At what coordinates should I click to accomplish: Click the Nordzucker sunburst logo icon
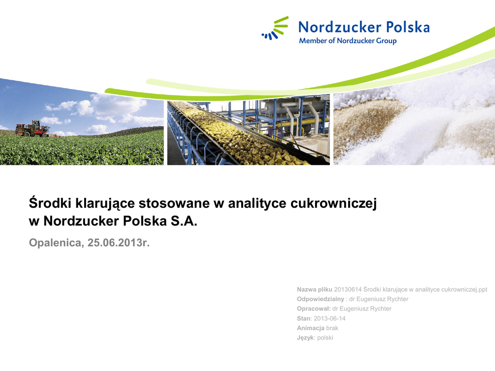pos(275,29)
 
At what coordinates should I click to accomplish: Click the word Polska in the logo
pos(408,27)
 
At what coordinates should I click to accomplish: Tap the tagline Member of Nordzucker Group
pos(348,41)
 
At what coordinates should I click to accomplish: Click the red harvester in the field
pos(33,128)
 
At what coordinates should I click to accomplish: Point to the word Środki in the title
pos(50,203)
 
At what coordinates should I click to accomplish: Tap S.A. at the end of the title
pos(184,221)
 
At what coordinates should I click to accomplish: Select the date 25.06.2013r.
pos(118,243)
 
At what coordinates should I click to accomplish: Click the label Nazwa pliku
pos(314,289)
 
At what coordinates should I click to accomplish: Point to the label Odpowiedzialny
pos(320,299)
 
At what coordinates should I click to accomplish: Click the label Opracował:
pos(314,309)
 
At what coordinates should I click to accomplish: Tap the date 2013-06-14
pos(330,318)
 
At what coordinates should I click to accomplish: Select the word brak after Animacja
pos(332,328)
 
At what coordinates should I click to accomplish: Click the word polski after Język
pos(325,338)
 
